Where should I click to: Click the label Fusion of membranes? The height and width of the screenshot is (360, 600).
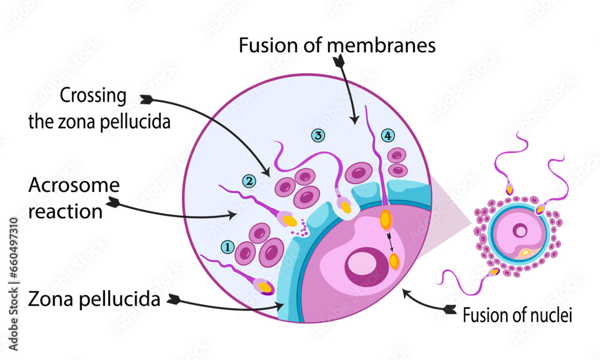coord(337,46)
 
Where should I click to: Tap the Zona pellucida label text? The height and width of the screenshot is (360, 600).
coord(94,299)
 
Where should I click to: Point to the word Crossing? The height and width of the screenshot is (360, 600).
coord(93,95)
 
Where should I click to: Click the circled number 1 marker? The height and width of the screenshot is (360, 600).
coord(227,247)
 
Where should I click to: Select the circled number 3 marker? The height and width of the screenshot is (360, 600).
coord(318,136)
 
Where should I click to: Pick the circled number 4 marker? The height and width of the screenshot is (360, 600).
coord(388,136)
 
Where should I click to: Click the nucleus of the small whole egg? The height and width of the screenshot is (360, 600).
coord(521,230)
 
